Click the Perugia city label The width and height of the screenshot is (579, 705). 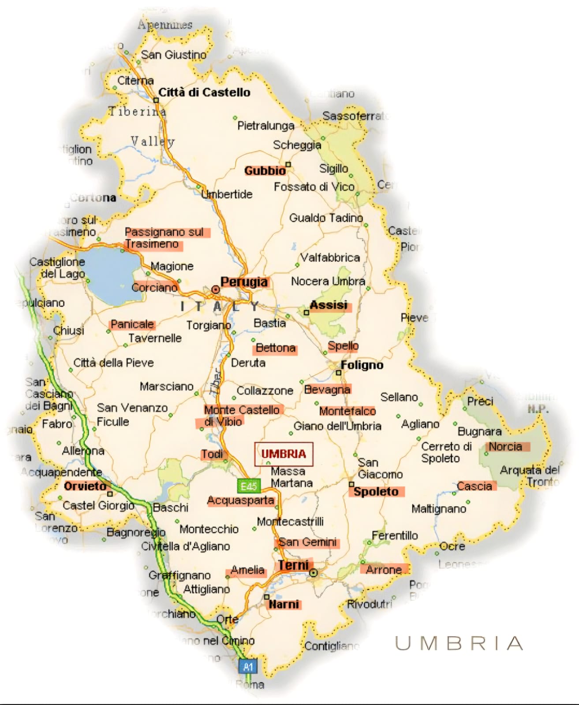point(244,282)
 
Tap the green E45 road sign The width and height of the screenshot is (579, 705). point(249,486)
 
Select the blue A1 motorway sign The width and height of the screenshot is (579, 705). point(248,666)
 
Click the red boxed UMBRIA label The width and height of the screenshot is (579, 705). point(284,454)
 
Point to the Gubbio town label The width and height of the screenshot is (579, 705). point(265,171)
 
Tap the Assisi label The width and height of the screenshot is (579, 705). point(329,305)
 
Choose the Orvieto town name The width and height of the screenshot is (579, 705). point(86,486)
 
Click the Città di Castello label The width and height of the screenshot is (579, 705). point(204,93)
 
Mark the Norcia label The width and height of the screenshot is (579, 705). point(505,446)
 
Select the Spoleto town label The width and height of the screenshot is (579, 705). point(376,492)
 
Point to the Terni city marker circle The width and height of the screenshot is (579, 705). point(313,573)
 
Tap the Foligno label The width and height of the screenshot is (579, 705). point(362,365)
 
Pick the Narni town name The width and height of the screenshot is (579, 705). point(284,604)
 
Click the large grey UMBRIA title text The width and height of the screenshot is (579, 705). point(459,644)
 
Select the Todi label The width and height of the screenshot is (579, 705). point(212,454)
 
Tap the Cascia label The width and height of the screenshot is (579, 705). point(474,486)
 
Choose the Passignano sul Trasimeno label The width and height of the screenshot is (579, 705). point(164,238)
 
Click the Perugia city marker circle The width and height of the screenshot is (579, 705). point(216,289)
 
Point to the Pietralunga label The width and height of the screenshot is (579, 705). point(265,126)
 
